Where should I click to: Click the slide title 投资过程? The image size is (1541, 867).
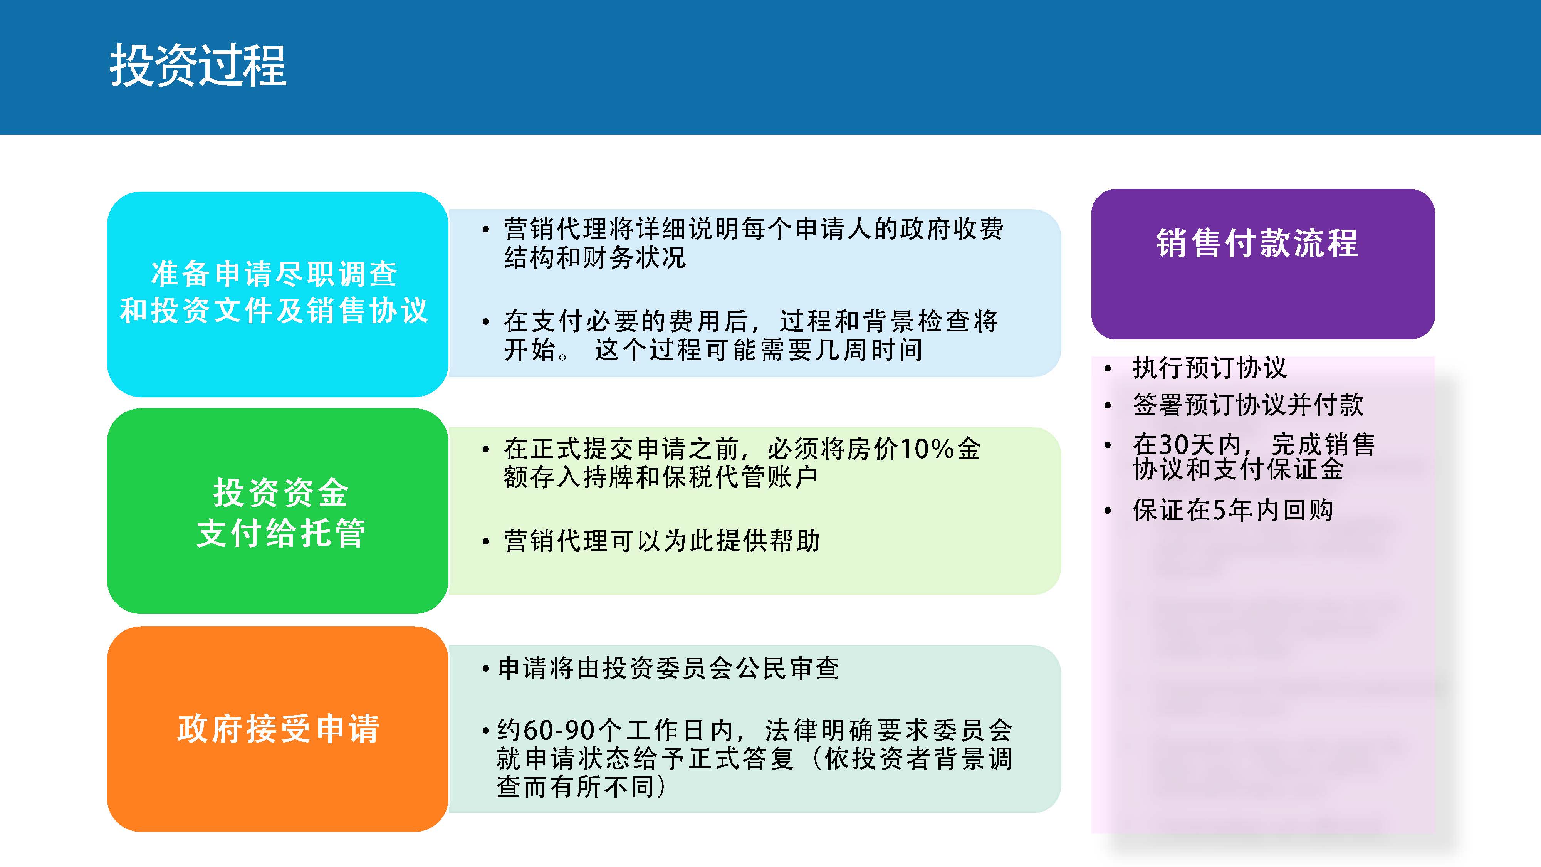click(x=198, y=66)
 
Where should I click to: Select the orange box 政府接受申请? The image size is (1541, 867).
click(x=277, y=729)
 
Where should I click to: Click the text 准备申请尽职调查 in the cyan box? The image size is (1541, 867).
click(x=274, y=274)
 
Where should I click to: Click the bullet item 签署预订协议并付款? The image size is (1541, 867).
click(x=1248, y=405)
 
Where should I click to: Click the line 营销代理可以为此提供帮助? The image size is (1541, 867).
click(x=661, y=541)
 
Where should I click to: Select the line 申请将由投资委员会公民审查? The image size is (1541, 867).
click(x=668, y=668)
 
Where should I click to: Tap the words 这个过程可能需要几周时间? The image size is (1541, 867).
click(x=759, y=350)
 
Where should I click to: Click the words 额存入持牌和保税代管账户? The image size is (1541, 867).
click(x=660, y=477)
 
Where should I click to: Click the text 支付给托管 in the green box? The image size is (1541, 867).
click(x=280, y=533)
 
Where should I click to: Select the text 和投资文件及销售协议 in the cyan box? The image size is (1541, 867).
click(x=274, y=311)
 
